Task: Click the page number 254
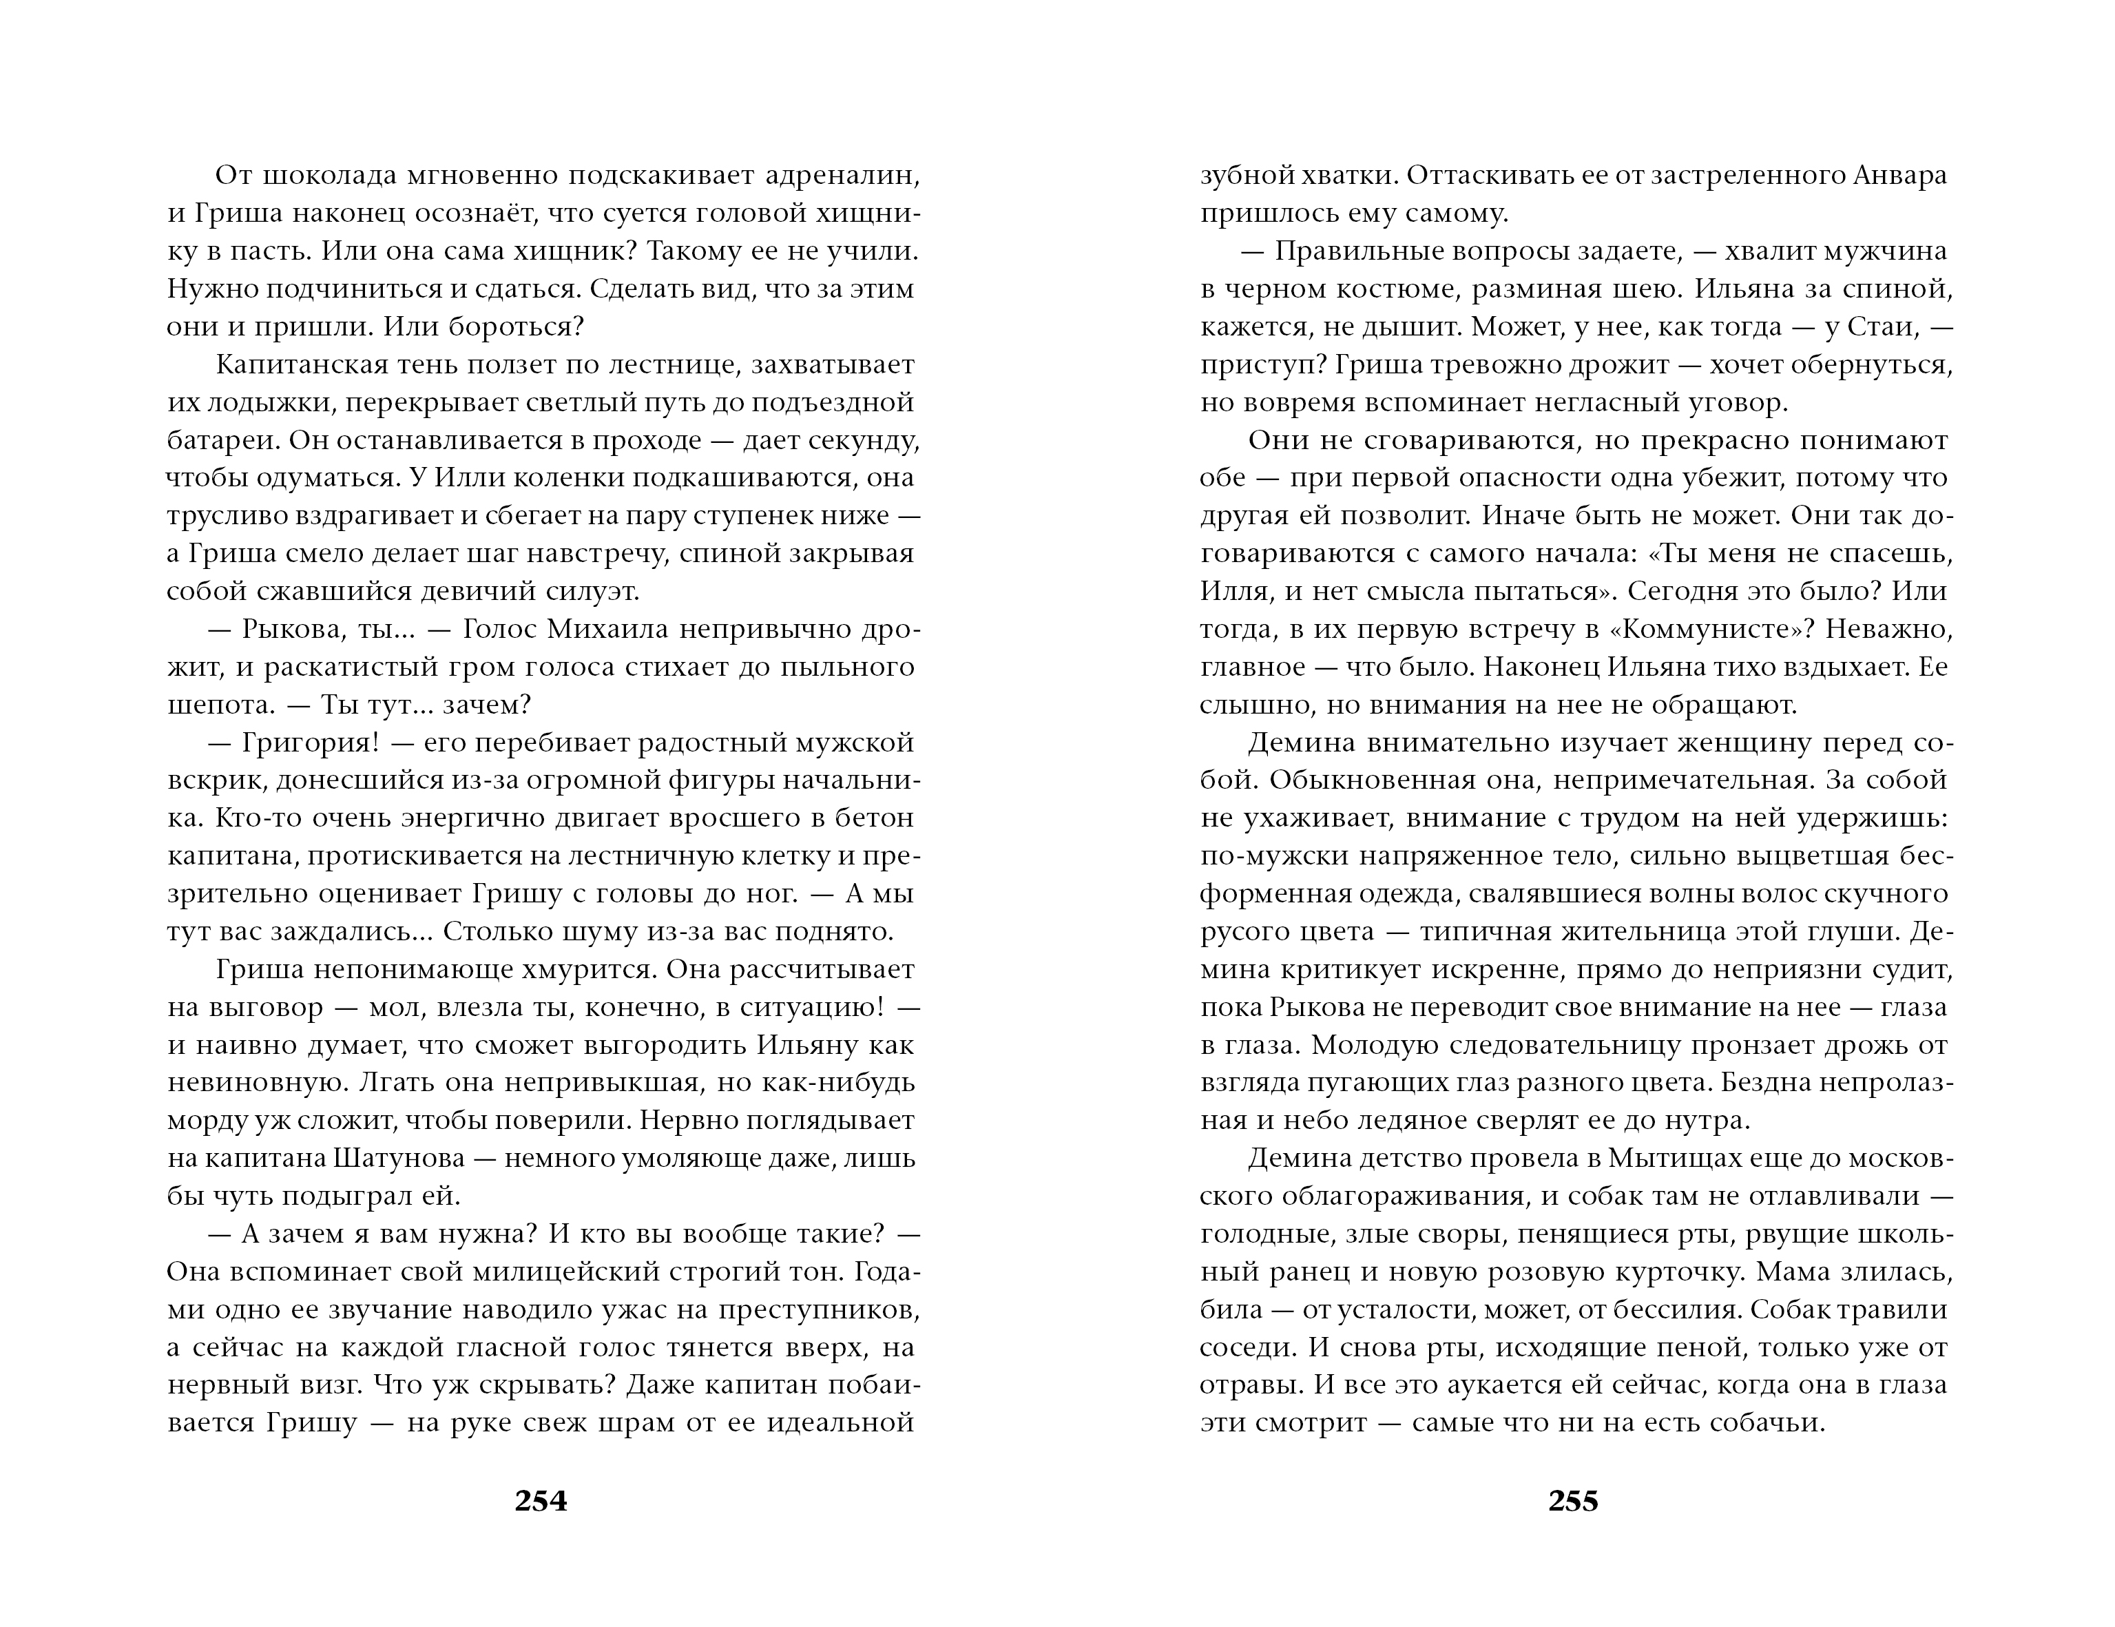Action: click(x=541, y=1500)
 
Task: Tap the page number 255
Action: click(x=1573, y=1500)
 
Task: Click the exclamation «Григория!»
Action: click(x=310, y=743)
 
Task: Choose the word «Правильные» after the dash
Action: click(x=1357, y=252)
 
